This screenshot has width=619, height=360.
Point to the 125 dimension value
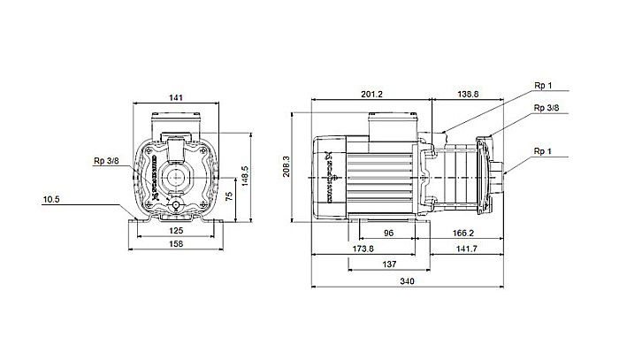[177, 231]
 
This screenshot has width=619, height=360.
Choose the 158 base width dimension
[177, 245]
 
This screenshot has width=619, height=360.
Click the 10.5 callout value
[52, 200]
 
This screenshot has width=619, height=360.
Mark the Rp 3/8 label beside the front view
[105, 161]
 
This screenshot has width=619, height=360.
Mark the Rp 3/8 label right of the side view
[546, 107]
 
